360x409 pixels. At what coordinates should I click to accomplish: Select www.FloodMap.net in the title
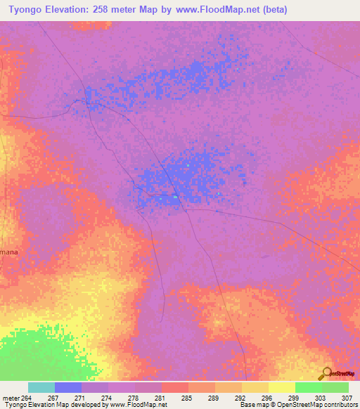click(x=212, y=10)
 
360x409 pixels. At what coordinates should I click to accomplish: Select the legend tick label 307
click(x=345, y=398)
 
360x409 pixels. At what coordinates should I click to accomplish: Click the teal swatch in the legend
click(x=41, y=387)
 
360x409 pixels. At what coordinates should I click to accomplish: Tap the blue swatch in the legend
click(x=68, y=387)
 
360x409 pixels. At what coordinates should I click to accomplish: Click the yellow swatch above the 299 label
click(x=282, y=387)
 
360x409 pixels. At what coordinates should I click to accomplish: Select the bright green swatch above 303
click(x=309, y=387)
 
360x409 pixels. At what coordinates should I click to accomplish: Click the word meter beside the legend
click(x=11, y=398)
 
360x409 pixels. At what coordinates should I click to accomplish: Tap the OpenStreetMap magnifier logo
click(x=326, y=373)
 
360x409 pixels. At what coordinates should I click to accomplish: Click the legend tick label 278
click(x=133, y=398)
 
